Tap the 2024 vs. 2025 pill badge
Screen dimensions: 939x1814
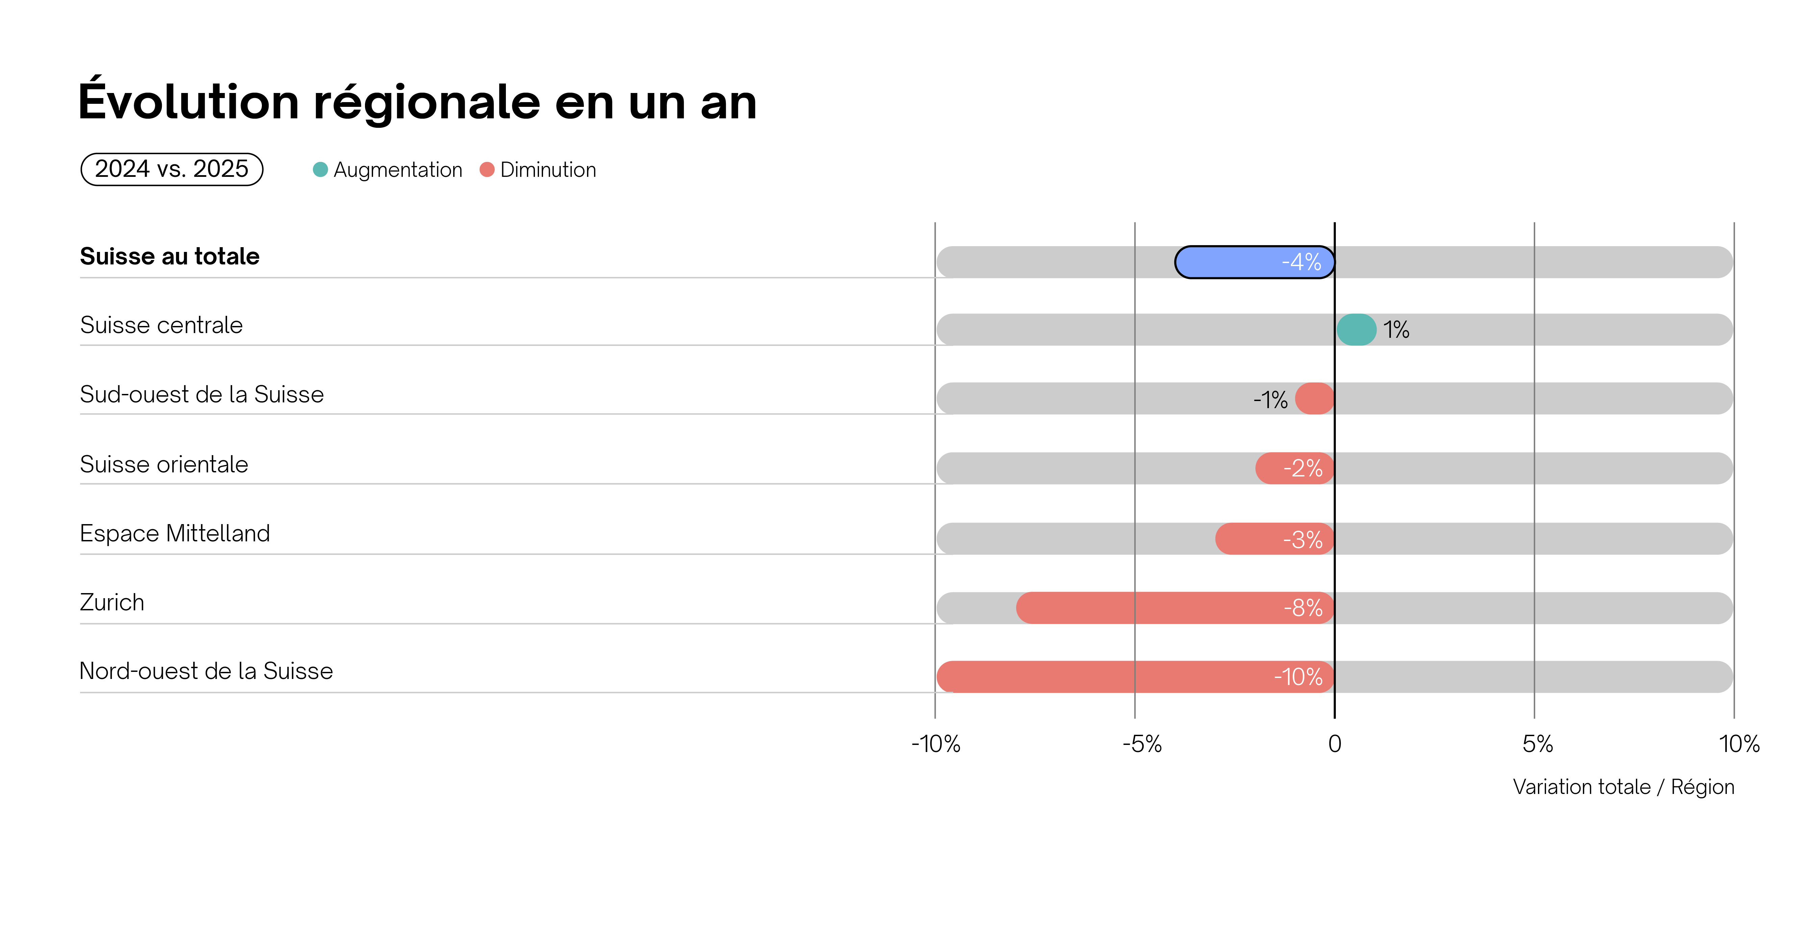(172, 169)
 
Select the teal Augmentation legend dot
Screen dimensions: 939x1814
(320, 170)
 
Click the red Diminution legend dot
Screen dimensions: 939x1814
(487, 170)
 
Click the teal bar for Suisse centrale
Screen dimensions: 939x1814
(1356, 330)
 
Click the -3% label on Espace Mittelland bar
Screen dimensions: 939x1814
(1303, 540)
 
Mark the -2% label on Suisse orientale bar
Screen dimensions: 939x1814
(1303, 468)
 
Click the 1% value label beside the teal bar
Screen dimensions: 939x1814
(1396, 330)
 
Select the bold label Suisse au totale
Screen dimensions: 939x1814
(170, 256)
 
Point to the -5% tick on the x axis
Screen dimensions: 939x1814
(1142, 744)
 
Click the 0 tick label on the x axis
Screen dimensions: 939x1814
(1334, 744)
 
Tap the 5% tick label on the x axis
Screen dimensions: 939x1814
(1537, 744)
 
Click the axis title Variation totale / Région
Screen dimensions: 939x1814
(1623, 787)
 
